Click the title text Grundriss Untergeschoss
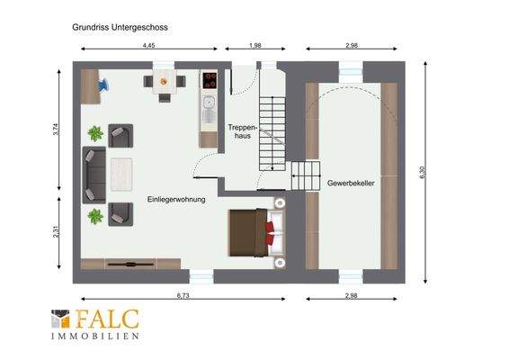[119, 27]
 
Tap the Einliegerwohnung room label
[175, 199]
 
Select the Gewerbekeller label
[351, 182]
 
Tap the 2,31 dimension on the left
[57, 232]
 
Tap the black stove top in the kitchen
[210, 81]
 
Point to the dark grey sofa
[94, 174]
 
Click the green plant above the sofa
[96, 133]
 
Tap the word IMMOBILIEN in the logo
[95, 336]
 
